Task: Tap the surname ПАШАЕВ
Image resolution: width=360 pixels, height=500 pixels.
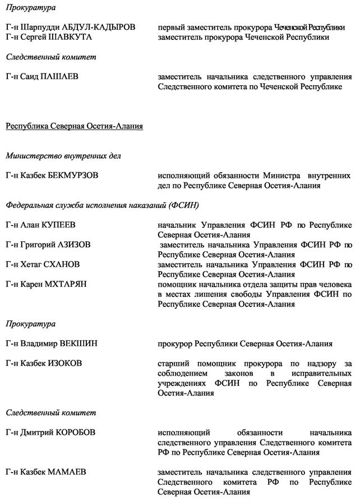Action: click(x=63, y=76)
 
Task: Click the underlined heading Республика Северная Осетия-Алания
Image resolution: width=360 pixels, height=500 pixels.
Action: click(x=74, y=126)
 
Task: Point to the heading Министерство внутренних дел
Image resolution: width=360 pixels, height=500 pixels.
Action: click(x=63, y=156)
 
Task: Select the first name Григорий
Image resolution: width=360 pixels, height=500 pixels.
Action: click(x=38, y=245)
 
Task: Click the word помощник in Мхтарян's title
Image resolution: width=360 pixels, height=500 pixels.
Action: click(x=177, y=284)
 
